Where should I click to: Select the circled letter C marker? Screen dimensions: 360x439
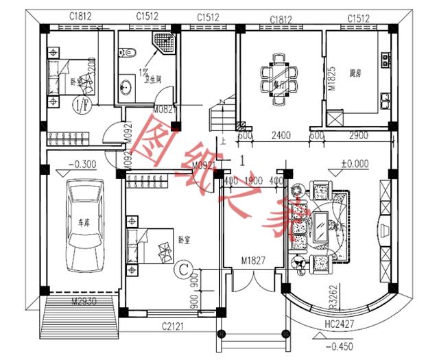coord(182,269)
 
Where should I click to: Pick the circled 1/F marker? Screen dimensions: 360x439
coord(80,105)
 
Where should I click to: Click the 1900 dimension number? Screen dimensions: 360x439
coord(252,180)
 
